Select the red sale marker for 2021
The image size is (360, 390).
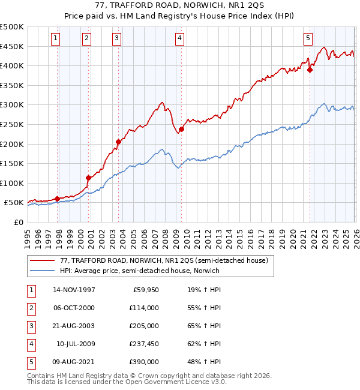coord(310,70)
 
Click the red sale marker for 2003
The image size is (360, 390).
coord(118,142)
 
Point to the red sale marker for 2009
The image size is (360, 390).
coord(181,129)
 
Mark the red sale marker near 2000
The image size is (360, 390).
coord(88,178)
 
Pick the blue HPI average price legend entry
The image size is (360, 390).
coord(139,271)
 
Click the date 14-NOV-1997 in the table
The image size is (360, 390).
coord(74,290)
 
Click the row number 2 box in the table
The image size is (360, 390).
coord(30,308)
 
